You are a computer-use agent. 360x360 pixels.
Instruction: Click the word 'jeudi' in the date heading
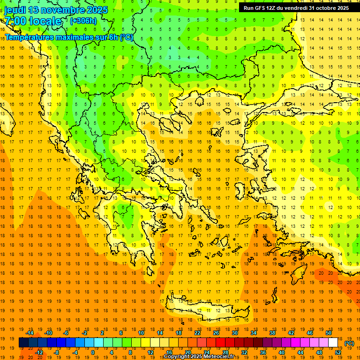tap(16, 10)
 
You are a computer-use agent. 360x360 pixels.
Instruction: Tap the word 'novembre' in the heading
tap(63, 10)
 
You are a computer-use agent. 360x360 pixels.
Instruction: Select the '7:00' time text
tap(15, 21)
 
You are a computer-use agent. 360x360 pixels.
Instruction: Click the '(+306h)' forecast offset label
tap(83, 21)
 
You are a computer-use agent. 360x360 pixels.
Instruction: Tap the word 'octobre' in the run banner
tap(327, 8)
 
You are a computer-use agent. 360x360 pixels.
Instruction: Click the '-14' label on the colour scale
tap(30, 333)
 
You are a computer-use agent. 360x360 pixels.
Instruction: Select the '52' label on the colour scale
tap(338, 352)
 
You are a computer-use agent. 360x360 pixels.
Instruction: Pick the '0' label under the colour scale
tap(92, 352)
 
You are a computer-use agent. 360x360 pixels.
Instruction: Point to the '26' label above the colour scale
tap(216, 333)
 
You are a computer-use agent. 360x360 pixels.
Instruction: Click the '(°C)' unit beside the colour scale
tap(349, 343)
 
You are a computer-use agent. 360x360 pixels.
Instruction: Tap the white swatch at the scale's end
tap(333, 343)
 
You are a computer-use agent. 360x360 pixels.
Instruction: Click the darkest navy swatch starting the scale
tap(23, 343)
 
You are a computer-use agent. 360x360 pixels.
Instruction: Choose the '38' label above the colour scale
tap(272, 333)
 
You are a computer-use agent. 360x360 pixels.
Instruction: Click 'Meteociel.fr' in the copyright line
tap(218, 357)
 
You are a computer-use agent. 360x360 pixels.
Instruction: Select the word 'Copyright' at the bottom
tap(178, 357)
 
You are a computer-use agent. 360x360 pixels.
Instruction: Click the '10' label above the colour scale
tap(141, 333)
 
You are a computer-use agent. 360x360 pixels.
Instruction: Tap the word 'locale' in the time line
tap(45, 21)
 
